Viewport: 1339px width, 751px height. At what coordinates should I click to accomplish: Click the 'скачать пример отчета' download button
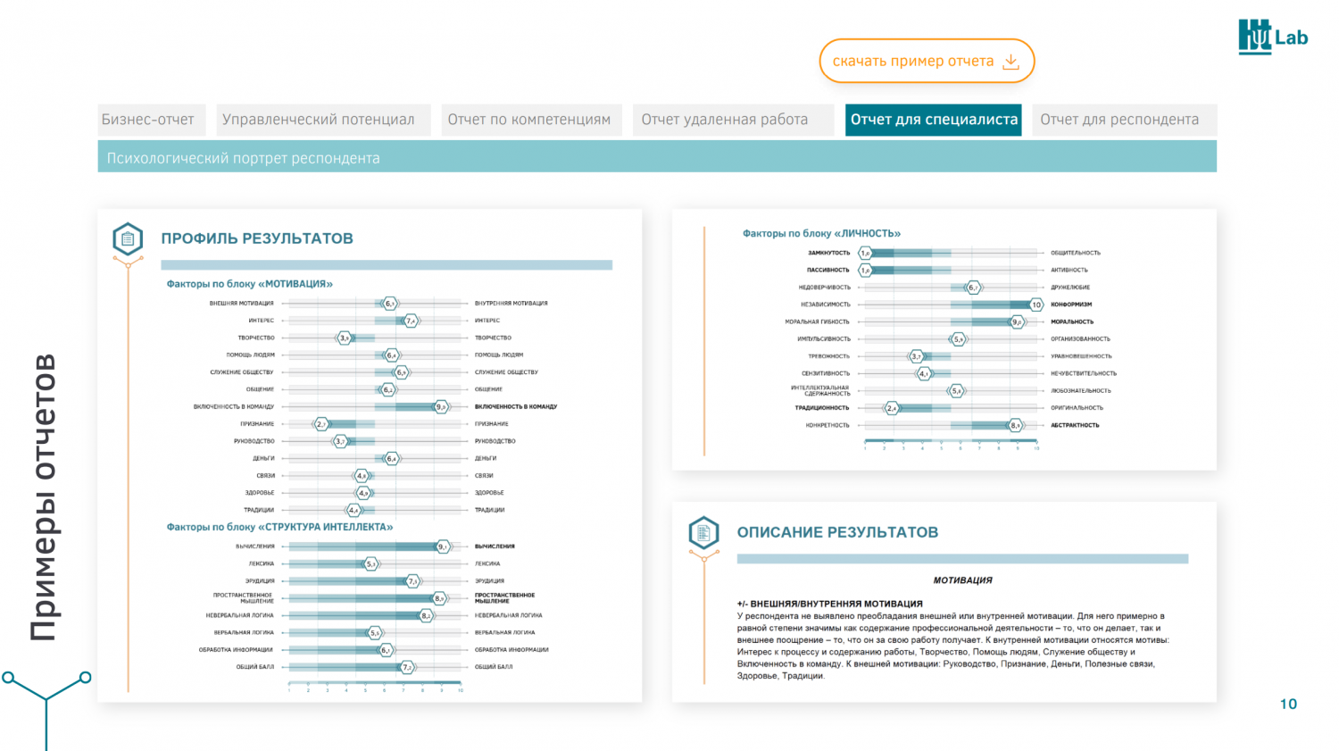pos(926,61)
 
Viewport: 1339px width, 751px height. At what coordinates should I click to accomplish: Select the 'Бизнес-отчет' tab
pos(148,120)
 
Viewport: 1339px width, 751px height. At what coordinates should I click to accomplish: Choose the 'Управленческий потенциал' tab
pos(319,120)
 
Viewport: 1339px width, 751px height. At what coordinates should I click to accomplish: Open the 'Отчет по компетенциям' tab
pos(529,120)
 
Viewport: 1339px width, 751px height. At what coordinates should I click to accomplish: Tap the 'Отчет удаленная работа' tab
pos(725,120)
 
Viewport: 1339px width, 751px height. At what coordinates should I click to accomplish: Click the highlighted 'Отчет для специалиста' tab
pos(934,120)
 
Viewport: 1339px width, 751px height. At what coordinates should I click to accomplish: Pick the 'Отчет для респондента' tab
pos(1119,120)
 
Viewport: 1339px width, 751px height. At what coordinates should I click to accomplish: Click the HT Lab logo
pos(1272,37)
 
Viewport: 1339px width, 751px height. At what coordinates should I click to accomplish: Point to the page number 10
pos(1288,704)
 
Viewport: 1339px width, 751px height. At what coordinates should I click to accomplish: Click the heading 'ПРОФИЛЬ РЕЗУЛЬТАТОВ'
pos(257,238)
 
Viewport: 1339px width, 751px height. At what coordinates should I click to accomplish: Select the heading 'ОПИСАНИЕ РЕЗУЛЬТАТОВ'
pos(837,532)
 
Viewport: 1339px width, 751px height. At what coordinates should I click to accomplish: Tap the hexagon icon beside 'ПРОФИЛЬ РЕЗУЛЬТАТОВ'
pos(128,238)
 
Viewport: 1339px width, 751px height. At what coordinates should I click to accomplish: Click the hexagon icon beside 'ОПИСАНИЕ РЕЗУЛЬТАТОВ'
pos(703,532)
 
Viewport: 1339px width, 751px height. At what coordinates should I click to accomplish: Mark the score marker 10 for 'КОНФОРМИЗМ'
pos(1035,305)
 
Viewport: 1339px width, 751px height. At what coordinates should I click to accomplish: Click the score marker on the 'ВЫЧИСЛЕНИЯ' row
pos(443,547)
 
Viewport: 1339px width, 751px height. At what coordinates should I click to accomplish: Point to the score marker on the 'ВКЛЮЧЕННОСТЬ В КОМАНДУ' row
pos(441,406)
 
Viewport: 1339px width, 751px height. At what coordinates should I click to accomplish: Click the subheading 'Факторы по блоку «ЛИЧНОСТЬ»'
pos(821,233)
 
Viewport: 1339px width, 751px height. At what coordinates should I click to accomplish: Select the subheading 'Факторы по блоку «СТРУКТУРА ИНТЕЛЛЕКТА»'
pos(279,527)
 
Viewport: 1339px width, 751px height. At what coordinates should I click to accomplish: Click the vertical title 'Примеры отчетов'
pos(44,497)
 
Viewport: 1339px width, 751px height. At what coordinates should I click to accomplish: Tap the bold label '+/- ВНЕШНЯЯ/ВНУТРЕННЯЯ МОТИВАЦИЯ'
pos(829,604)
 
